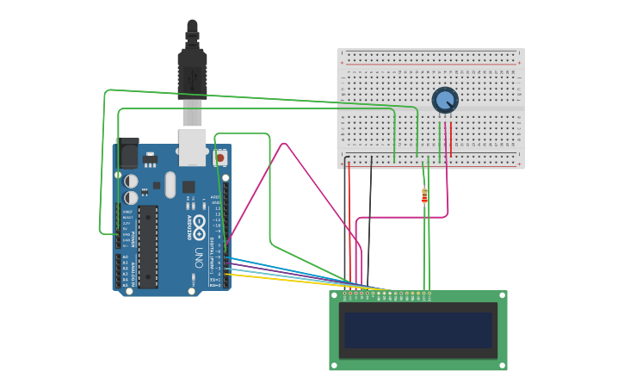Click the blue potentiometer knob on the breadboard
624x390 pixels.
click(x=444, y=100)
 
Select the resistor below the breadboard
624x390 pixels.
click(x=424, y=196)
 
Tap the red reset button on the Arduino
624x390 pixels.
click(x=220, y=158)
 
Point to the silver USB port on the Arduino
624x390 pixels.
click(x=193, y=146)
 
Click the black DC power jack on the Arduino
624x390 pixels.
click(x=127, y=152)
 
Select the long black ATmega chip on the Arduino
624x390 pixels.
click(x=148, y=245)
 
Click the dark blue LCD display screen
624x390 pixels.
click(x=417, y=330)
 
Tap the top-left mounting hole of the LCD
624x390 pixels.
click(x=334, y=295)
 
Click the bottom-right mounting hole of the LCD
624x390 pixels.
click(x=502, y=365)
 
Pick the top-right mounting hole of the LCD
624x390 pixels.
click(x=502, y=295)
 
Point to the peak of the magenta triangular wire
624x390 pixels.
click(x=284, y=144)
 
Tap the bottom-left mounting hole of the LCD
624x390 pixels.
click(x=334, y=365)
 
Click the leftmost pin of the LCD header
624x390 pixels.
click(x=345, y=294)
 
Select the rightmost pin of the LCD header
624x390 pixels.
click(x=429, y=294)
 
